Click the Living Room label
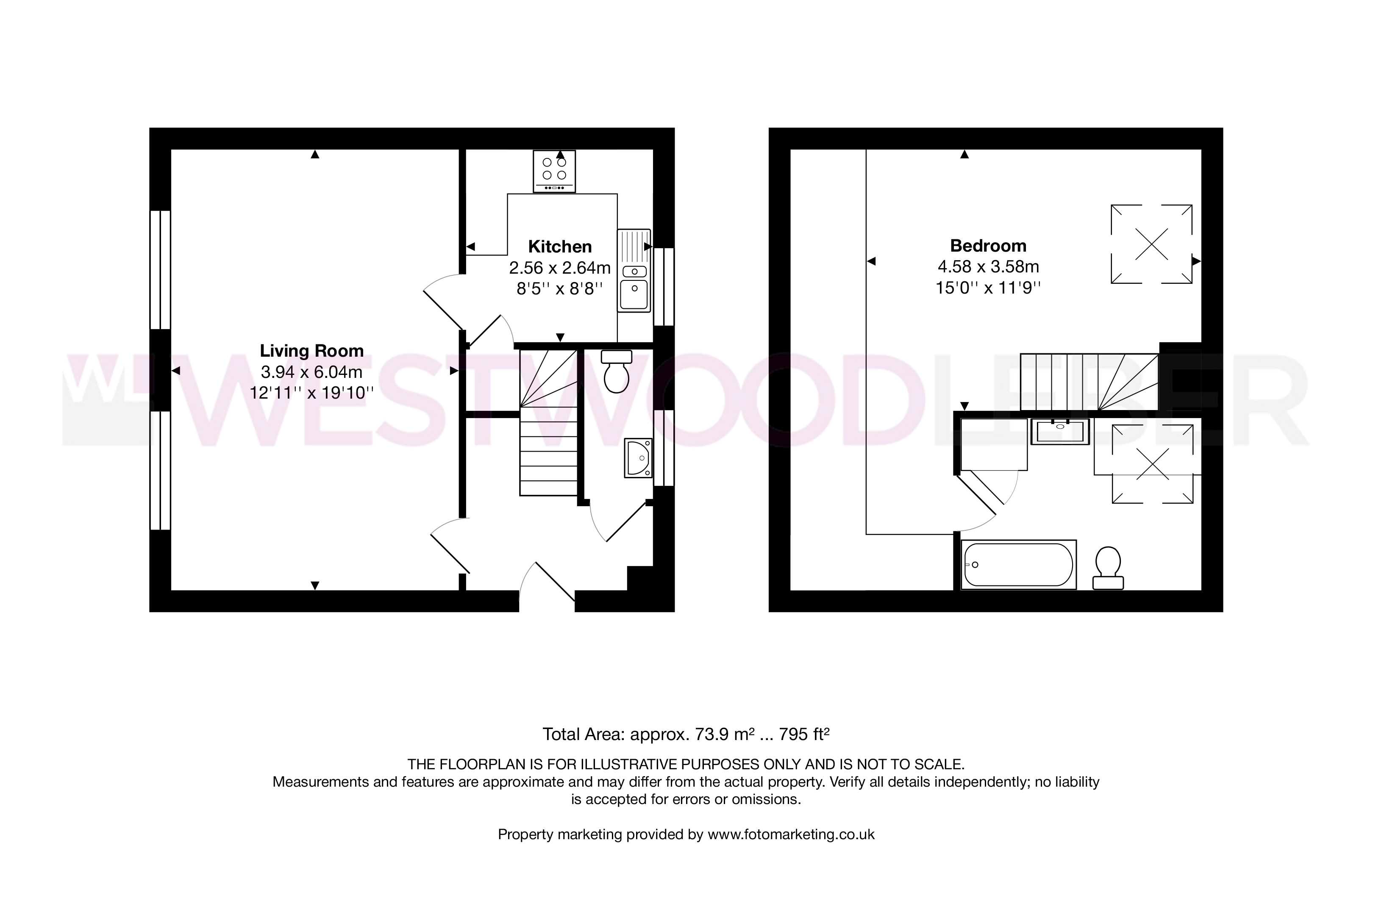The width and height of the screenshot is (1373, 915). [312, 351]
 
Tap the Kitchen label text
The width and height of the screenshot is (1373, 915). [560, 246]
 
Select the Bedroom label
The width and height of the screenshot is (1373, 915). [988, 246]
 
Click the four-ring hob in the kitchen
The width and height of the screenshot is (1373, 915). [554, 171]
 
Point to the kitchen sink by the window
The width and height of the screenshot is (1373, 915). [634, 270]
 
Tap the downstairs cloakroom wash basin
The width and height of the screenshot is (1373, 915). [638, 458]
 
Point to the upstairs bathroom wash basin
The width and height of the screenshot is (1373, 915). [1060, 432]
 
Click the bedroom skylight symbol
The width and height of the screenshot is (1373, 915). [1151, 244]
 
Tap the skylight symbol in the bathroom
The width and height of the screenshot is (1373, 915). [1152, 464]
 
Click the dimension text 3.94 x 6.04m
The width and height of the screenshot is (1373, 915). [312, 372]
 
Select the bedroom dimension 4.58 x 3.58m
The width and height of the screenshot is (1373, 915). [988, 267]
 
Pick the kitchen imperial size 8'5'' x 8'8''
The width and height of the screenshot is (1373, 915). [560, 288]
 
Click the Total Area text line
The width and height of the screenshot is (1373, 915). [686, 734]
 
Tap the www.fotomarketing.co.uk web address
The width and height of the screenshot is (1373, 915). [791, 835]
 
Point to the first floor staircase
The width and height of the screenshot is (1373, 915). [1089, 382]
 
